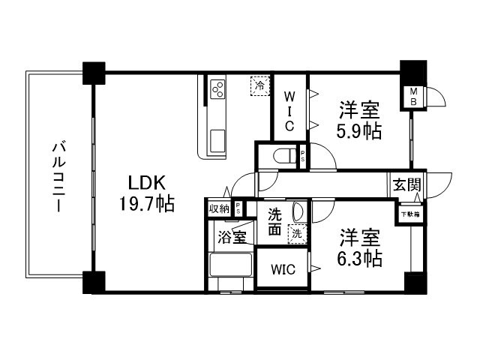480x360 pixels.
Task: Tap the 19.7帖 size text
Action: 147,204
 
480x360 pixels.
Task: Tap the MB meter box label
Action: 412,97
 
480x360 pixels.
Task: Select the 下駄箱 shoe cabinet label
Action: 409,214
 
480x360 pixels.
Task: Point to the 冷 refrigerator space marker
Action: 259,85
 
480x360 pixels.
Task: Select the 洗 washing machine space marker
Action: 298,234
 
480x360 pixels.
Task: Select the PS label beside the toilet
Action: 302,157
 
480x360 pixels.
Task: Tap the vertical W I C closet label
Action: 289,109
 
